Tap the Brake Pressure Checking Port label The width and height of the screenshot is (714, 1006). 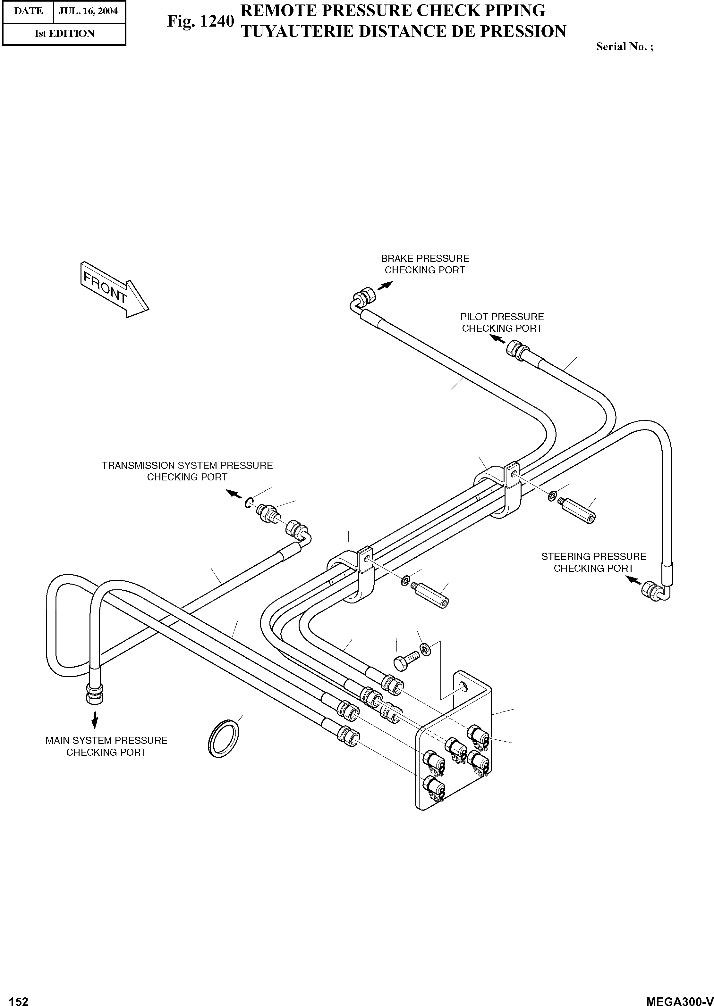425,264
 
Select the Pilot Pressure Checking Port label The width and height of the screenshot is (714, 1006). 502,322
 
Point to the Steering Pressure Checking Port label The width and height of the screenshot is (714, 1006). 593,562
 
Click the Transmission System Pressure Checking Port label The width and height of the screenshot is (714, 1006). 187,471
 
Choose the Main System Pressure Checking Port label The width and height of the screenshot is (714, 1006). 106,746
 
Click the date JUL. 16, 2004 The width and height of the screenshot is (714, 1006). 89,11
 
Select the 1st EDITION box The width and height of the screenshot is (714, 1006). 64,33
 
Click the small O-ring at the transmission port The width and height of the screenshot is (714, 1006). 249,502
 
